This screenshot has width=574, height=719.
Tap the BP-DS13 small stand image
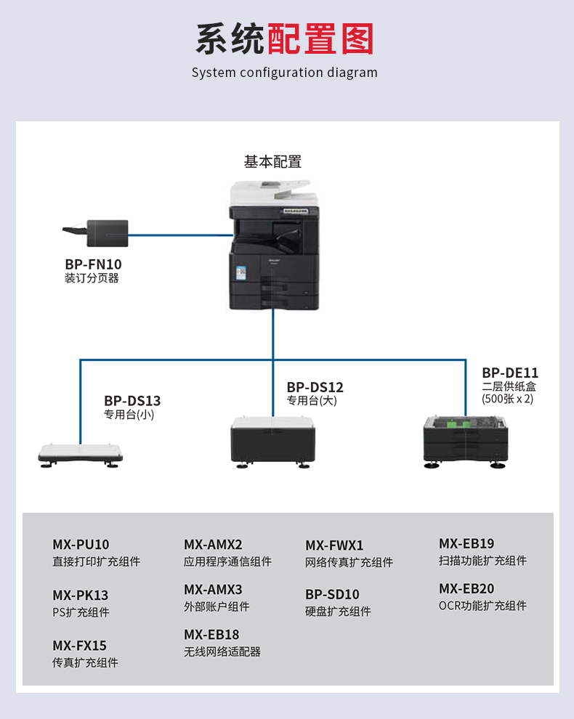coord(80,455)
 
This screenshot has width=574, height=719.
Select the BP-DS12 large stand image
coord(273,439)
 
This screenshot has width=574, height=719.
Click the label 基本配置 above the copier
coord(272,162)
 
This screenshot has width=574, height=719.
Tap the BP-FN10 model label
coord(93,264)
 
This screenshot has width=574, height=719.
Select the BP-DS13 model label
coord(132,400)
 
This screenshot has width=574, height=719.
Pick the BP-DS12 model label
coord(315,387)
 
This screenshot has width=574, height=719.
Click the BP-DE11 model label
coord(510,373)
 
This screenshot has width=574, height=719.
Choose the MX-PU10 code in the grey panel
coord(81,544)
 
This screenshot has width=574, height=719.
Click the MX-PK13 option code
coord(80,595)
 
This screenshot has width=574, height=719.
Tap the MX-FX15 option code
coord(79,645)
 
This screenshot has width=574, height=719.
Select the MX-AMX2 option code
coord(213,544)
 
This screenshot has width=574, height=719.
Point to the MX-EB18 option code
coord(211,634)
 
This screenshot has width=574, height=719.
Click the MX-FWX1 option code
coord(334,545)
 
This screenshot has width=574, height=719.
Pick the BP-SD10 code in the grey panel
coord(332,594)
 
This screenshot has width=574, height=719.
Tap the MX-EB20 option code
coord(466,588)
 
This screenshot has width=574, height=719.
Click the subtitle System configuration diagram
coord(285,73)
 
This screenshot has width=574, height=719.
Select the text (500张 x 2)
coord(507,399)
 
